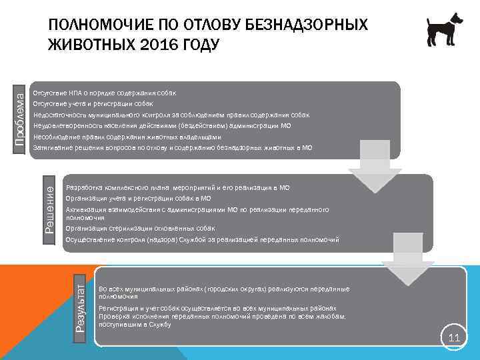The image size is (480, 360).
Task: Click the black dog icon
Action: click(x=445, y=30)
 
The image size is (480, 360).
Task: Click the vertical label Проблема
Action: click(x=21, y=119)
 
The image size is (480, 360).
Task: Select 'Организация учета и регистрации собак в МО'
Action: click(x=139, y=198)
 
